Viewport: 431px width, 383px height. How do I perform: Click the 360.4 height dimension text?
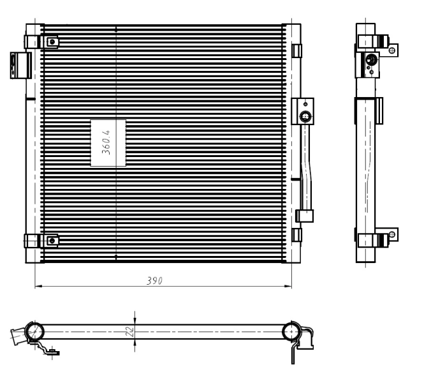[x=107, y=142]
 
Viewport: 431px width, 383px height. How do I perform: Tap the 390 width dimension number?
[x=154, y=280]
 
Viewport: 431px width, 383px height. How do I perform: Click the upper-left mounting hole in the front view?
[x=52, y=42]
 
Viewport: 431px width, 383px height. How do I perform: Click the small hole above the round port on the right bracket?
[x=306, y=103]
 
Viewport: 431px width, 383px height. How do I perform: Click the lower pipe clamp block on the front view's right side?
[x=305, y=216]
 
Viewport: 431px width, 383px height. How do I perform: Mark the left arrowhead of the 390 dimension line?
[x=36, y=285]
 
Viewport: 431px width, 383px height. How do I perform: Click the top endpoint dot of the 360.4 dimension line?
[x=116, y=29]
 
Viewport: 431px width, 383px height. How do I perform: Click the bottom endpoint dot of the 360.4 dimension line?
[x=116, y=257]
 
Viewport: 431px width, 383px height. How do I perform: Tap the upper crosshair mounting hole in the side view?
[x=393, y=47]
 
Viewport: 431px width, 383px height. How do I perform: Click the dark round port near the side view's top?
[x=370, y=61]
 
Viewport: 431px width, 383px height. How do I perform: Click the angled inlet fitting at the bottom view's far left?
[x=18, y=335]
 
